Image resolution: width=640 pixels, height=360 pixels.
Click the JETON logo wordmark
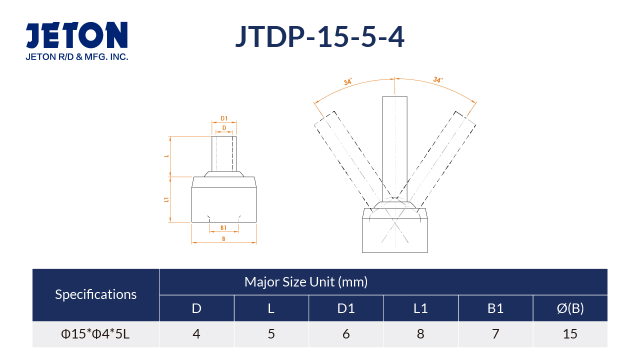click(76, 35)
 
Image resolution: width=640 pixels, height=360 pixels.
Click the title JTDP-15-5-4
click(319, 36)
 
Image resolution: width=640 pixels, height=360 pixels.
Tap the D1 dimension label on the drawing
click(224, 118)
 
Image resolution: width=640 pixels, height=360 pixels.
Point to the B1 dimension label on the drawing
click(223, 227)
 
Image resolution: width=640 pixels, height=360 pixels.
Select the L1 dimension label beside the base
click(166, 199)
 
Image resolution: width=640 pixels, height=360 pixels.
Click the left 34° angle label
click(347, 81)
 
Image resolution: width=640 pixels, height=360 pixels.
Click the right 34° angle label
click(438, 79)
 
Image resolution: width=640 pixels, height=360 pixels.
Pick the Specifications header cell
click(95, 294)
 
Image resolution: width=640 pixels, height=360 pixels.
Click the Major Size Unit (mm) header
click(306, 282)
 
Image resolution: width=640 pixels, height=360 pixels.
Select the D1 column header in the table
click(346, 308)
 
